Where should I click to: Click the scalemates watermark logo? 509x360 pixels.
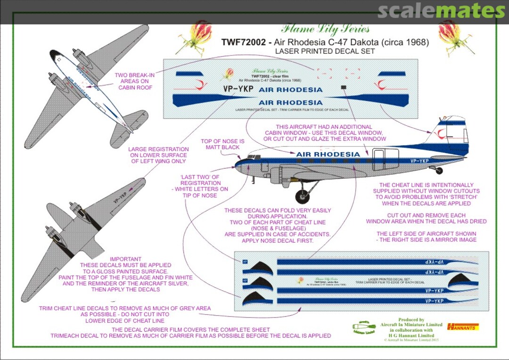click(441, 11)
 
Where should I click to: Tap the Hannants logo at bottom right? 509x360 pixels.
click(463, 326)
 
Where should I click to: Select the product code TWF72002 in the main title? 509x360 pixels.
click(242, 42)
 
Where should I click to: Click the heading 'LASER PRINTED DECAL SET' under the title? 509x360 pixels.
click(325, 51)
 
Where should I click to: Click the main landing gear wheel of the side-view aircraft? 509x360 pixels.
click(302, 196)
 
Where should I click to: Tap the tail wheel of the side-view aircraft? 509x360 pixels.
click(439, 171)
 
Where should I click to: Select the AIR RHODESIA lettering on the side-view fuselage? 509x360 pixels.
click(328, 154)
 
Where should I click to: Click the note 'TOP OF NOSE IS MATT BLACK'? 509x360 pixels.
click(222, 144)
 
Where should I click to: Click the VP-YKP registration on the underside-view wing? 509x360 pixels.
click(120, 196)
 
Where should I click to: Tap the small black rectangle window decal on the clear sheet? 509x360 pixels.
click(344, 87)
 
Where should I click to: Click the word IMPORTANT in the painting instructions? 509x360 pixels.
click(125, 259)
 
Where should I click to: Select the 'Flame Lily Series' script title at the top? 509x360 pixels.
click(325, 30)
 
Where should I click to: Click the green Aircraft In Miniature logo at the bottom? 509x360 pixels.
click(364, 327)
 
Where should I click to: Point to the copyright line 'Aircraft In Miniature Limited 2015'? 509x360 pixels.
click(411, 339)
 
